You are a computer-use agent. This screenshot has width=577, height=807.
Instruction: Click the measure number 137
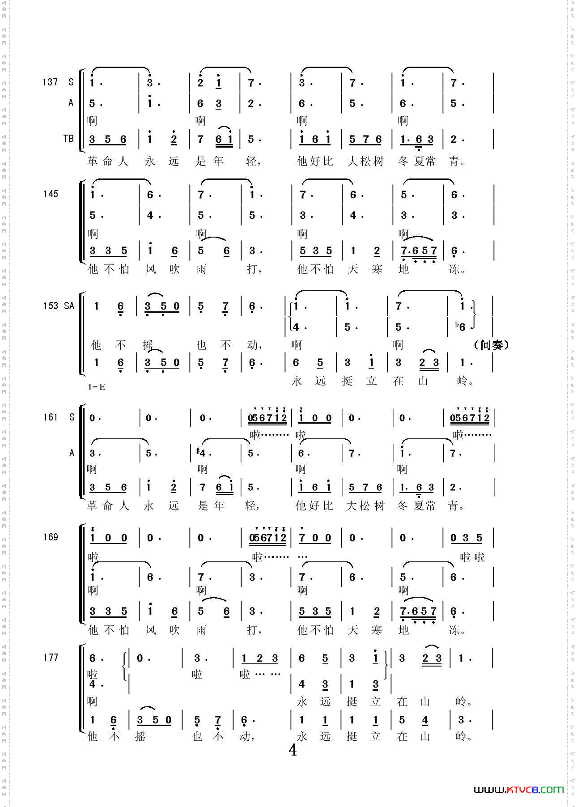pyautogui.click(x=50, y=82)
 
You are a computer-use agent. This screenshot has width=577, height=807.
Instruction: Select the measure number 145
pyautogui.click(x=51, y=194)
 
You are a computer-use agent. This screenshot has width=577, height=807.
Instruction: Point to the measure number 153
pyautogui.click(x=51, y=306)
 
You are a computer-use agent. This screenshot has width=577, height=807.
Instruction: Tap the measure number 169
pyautogui.click(x=51, y=537)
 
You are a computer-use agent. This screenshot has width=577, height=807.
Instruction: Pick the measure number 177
pyautogui.click(x=51, y=657)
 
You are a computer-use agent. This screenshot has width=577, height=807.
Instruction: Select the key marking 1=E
pyautogui.click(x=97, y=387)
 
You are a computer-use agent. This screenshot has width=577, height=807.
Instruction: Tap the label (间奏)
pyautogui.click(x=491, y=345)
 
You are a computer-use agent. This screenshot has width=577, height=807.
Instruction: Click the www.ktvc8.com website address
pyautogui.click(x=518, y=790)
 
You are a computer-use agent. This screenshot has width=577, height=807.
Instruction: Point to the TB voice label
pyautogui.click(x=68, y=139)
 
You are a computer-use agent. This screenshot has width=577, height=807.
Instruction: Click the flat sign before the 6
pyautogui.click(x=457, y=325)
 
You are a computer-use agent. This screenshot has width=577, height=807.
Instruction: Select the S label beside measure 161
pyautogui.click(x=72, y=417)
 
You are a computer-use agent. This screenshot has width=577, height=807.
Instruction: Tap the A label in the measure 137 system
pyautogui.click(x=71, y=103)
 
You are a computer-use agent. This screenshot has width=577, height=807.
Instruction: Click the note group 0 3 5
pyautogui.click(x=466, y=538)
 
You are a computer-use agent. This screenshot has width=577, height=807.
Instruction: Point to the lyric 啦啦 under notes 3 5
pyautogui.click(x=472, y=557)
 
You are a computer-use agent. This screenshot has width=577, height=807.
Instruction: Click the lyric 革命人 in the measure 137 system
pyautogui.click(x=108, y=161)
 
